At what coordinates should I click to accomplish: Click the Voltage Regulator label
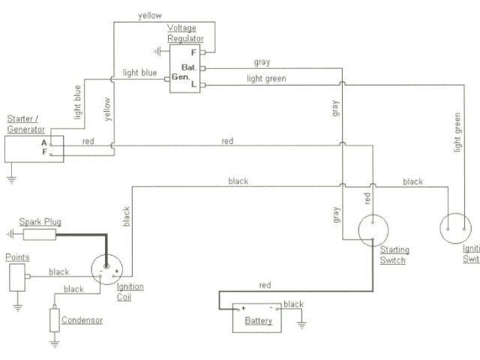184,34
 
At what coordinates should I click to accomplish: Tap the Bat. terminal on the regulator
189,66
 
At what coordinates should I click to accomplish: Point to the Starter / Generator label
25,124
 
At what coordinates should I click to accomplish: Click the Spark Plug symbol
39,235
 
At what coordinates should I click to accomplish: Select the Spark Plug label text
40,222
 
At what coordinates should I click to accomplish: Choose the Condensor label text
83,320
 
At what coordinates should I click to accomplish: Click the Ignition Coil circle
106,270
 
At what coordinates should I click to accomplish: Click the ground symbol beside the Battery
301,322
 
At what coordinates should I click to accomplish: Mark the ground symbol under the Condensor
54,344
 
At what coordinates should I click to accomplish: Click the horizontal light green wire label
265,79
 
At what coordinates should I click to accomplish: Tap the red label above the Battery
264,286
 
